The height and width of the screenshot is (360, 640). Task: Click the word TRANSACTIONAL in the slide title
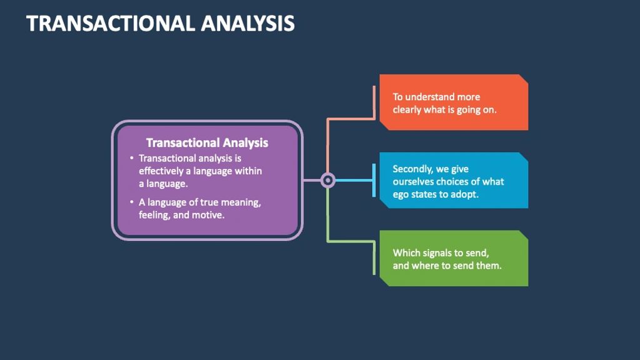(111, 23)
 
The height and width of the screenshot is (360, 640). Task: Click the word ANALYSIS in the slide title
(248, 23)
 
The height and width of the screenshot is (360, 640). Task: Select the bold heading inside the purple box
(207, 143)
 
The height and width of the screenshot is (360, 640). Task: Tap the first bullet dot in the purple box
(131, 158)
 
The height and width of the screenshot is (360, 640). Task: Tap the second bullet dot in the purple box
(131, 202)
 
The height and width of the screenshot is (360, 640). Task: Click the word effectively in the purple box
(161, 171)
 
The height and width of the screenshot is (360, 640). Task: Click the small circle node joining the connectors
(327, 180)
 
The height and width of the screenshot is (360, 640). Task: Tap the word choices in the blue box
(457, 182)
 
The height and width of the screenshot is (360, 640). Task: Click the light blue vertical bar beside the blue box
(374, 180)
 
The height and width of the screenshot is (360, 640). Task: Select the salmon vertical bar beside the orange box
(374, 103)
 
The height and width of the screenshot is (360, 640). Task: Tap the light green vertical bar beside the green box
(374, 258)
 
